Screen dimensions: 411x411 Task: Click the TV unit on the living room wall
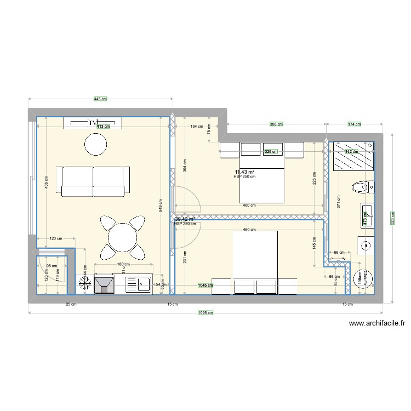pyautogui.click(x=92, y=123)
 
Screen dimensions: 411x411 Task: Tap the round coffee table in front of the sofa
pyautogui.click(x=95, y=145)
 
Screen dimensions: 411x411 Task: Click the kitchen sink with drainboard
pyautogui.click(x=139, y=284)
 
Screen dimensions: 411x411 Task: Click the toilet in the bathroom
pyautogui.click(x=362, y=188)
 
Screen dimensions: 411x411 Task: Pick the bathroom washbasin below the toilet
pyautogui.click(x=366, y=215)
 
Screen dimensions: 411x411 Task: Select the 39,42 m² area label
pyautogui.click(x=185, y=219)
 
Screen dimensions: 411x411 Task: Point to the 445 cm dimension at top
pyautogui.click(x=100, y=99)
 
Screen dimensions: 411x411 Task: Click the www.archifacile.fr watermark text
pyautogui.click(x=377, y=324)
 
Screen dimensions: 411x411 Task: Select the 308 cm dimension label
pyautogui.click(x=277, y=124)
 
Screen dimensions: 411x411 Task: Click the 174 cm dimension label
pyautogui.click(x=355, y=124)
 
